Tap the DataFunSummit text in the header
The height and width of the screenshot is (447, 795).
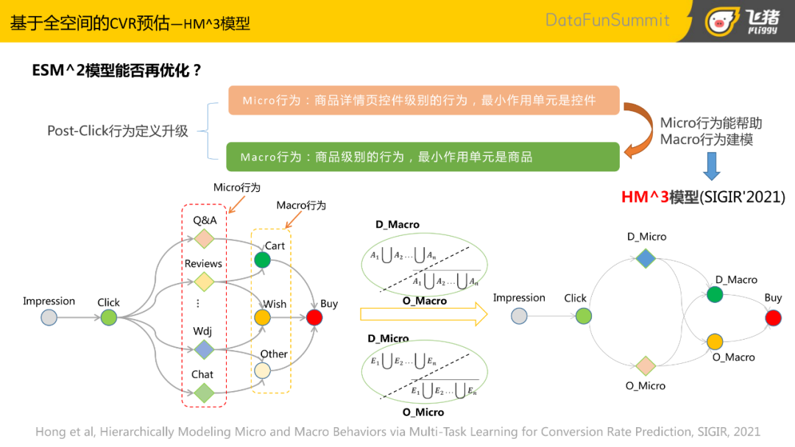point(607,20)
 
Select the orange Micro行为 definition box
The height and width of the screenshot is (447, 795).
point(423,100)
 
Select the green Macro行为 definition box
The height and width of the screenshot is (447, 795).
point(423,157)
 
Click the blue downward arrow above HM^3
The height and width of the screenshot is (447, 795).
point(711,165)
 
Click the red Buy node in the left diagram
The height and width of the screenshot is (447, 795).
point(314,318)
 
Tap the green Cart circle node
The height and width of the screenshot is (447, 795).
point(263,260)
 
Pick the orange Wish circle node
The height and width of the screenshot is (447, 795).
point(263,318)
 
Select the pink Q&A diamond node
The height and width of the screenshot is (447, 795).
point(204,239)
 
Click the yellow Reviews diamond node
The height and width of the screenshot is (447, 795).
point(204,282)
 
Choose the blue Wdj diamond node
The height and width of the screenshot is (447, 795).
point(204,349)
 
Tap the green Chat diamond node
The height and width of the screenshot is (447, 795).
point(204,393)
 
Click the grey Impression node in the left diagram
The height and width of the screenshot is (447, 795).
point(49,318)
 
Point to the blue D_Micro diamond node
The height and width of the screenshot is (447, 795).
point(646,258)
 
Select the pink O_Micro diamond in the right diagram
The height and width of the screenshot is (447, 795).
point(646,365)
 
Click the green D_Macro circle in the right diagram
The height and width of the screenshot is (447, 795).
point(715,295)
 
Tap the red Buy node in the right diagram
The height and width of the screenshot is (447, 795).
point(773,318)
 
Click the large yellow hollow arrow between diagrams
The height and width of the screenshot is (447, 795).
point(423,315)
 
